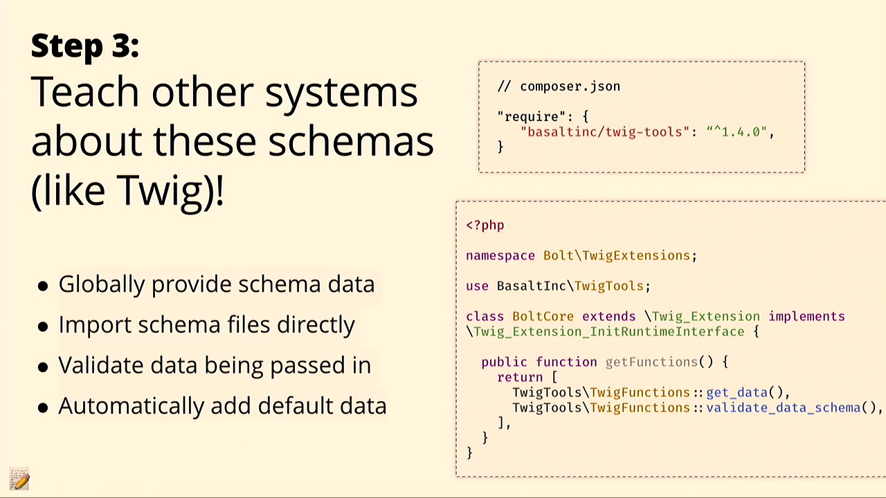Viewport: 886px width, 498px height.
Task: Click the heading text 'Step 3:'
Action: tap(85, 46)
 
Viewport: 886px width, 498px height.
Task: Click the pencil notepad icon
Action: tap(19, 479)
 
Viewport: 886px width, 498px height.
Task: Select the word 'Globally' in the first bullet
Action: tap(102, 284)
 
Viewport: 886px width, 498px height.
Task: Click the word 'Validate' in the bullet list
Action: tap(101, 365)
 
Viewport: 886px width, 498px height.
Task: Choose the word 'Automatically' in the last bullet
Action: tap(131, 406)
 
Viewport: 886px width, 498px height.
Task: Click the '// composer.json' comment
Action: tap(559, 86)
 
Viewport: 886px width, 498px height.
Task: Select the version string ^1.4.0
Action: tap(737, 131)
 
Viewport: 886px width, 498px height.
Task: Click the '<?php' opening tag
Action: tap(485, 225)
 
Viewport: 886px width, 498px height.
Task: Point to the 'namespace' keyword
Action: tap(500, 256)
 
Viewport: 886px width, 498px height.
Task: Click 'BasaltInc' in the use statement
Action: tap(531, 286)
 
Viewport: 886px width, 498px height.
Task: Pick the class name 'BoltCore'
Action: tap(543, 317)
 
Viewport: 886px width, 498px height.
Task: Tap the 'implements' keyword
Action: tap(806, 317)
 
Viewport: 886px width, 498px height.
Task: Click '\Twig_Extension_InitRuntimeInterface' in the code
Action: tap(605, 331)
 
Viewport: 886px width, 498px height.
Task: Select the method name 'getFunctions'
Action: tap(651, 362)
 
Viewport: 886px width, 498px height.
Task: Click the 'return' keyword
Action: tap(520, 378)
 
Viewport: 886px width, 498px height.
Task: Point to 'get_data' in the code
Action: tap(737, 392)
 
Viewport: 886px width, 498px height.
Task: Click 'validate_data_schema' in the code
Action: tap(784, 408)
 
